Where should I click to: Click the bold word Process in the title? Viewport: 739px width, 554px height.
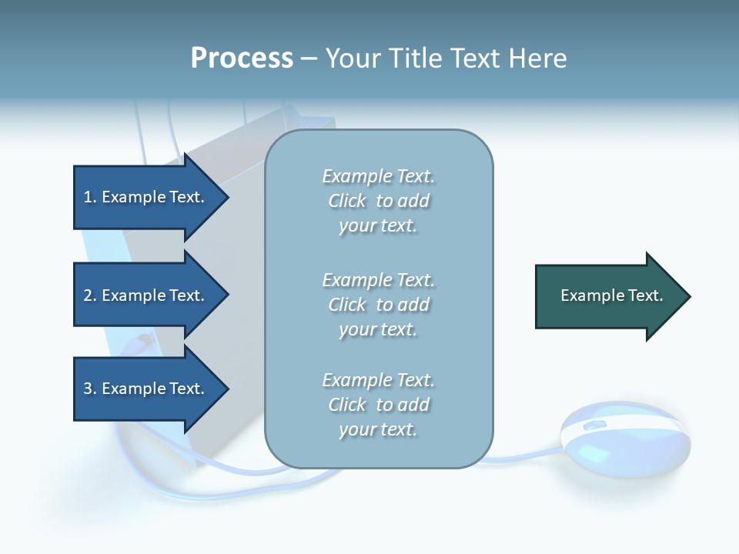(242, 58)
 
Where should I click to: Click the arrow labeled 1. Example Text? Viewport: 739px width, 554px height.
(146, 197)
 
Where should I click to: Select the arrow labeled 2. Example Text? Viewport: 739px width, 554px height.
(146, 295)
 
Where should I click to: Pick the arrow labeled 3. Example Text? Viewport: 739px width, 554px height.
(146, 389)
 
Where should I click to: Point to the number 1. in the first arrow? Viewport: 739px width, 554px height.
(90, 197)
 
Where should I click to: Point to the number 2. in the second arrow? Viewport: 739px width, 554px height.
(90, 295)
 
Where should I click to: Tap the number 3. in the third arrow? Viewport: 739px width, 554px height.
(90, 389)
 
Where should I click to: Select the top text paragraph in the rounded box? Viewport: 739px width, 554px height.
(378, 201)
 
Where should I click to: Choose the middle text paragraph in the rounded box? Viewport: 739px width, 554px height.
(378, 305)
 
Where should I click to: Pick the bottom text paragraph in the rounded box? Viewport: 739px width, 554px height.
(378, 405)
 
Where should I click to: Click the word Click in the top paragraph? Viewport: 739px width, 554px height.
(347, 201)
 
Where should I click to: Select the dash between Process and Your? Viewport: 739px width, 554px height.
(309, 58)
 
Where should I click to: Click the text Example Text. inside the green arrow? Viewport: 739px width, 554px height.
(612, 295)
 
